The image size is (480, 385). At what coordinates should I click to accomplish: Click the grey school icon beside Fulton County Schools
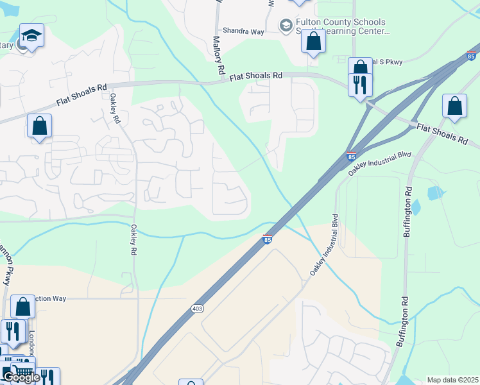pos(286,25)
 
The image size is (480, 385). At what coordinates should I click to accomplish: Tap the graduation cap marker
pos(31,37)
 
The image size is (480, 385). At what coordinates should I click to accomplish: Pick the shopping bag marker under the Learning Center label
pos(313,42)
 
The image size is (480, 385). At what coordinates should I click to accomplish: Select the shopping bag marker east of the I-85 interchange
pos(454,107)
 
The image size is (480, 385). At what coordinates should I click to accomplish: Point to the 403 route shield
pos(196,309)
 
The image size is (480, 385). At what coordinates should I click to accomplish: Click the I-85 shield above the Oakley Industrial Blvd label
pos(350,156)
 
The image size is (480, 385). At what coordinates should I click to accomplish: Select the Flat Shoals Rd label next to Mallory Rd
pos(256,76)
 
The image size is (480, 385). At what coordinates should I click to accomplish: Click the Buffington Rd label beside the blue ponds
pos(406,212)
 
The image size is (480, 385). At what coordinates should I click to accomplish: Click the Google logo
pos(21,377)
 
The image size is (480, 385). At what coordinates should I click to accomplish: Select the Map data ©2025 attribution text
pos(452,380)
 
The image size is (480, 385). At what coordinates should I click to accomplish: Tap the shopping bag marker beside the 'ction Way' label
pos(22,307)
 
